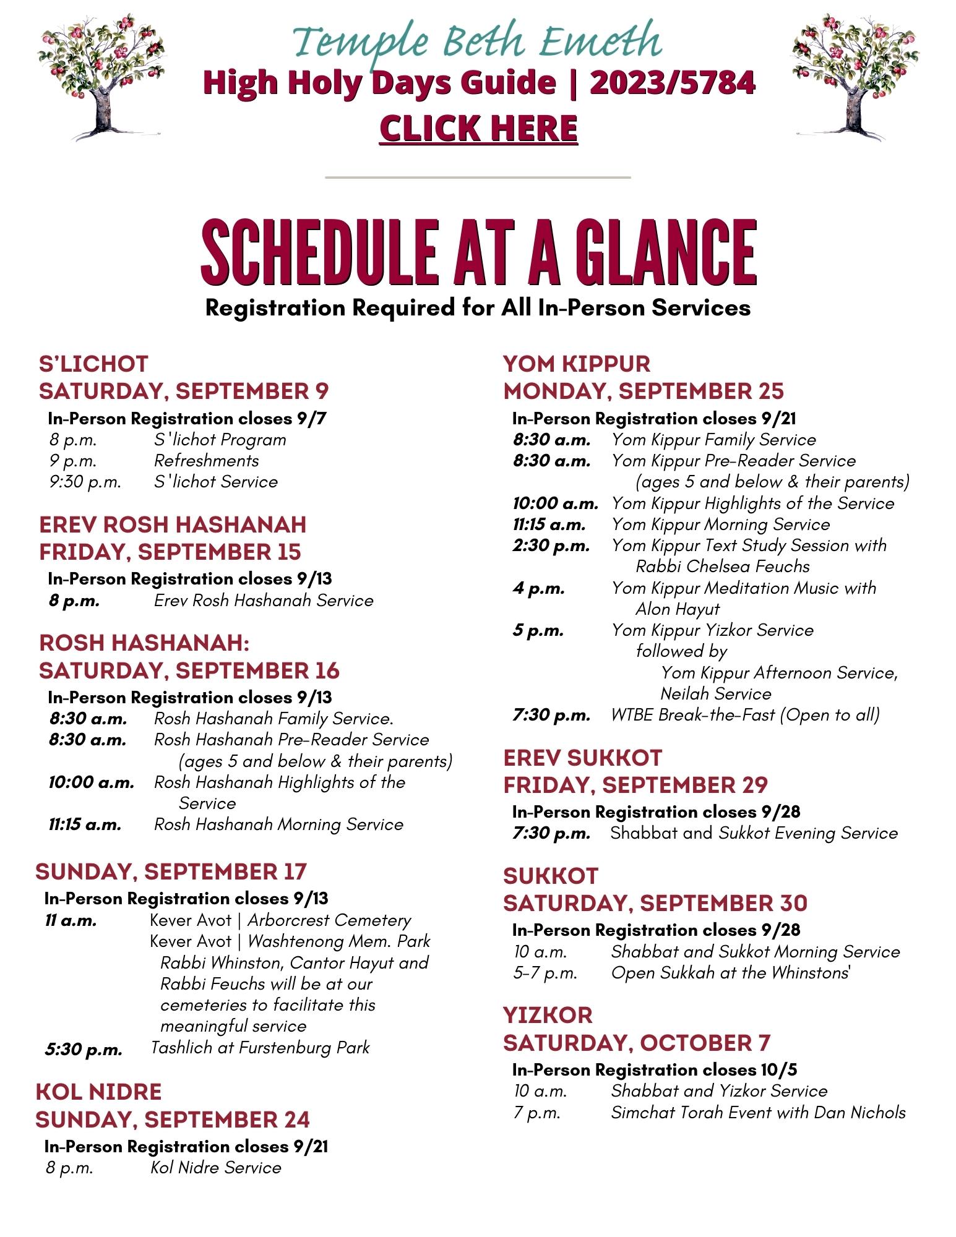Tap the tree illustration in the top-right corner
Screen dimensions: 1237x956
tap(856, 77)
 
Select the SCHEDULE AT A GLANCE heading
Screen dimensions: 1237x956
tap(478, 253)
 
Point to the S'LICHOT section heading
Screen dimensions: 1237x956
tap(93, 364)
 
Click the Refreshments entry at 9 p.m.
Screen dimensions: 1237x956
tap(207, 461)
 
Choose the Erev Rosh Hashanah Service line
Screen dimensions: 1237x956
tap(264, 601)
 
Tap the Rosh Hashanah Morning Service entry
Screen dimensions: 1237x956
tap(278, 824)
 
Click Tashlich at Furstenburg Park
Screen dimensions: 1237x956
tap(261, 1048)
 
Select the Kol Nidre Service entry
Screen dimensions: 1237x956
tap(216, 1168)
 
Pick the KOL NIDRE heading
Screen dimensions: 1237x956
tap(99, 1092)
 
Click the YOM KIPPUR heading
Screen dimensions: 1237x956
tap(577, 364)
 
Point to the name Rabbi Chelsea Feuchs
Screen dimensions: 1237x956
tap(722, 567)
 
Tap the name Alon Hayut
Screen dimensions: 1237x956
tap(678, 609)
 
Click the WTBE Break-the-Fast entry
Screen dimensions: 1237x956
tap(745, 715)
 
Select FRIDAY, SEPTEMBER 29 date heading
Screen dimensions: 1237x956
tap(635, 785)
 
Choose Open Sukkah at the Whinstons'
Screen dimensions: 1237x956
tap(731, 973)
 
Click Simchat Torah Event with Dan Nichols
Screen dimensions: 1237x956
tap(758, 1113)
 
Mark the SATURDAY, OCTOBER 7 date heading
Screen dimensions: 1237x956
tap(637, 1043)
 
